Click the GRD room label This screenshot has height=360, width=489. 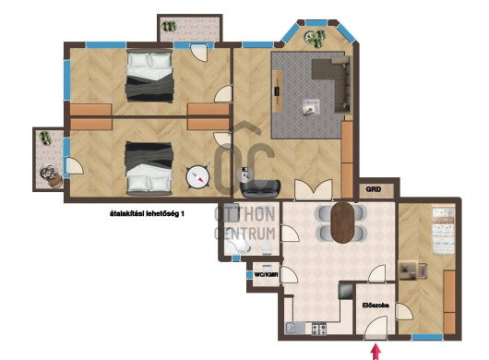(373, 189)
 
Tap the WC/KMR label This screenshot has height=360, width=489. (266, 275)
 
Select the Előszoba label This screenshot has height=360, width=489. (376, 306)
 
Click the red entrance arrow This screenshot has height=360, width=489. (376, 352)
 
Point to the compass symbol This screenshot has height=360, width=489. (197, 177)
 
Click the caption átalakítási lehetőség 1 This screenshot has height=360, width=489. (147, 214)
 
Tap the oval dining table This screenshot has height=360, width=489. (342, 222)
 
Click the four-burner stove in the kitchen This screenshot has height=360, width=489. (319, 329)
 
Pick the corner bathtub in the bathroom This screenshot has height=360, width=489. (237, 246)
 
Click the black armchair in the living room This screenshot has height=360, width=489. (261, 188)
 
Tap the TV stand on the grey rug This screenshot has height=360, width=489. (278, 91)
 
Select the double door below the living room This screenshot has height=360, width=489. (314, 189)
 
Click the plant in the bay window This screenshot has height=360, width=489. (316, 38)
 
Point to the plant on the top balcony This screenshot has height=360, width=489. (169, 26)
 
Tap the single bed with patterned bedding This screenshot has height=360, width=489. (443, 230)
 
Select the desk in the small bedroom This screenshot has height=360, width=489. (408, 270)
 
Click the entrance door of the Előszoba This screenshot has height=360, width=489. (376, 328)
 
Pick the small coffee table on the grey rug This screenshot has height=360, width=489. (311, 108)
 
